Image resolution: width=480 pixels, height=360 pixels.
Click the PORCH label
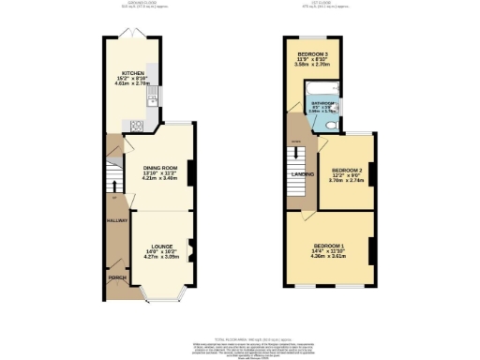pyautogui.click(x=117, y=277)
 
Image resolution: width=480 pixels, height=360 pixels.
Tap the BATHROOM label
pyautogui.click(x=323, y=103)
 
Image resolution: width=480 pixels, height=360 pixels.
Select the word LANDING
pyautogui.click(x=303, y=174)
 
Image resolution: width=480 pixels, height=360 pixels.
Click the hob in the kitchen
pyautogui.click(x=136, y=125)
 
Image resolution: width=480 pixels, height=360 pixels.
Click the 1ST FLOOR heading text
pyautogui.click(x=327, y=5)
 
